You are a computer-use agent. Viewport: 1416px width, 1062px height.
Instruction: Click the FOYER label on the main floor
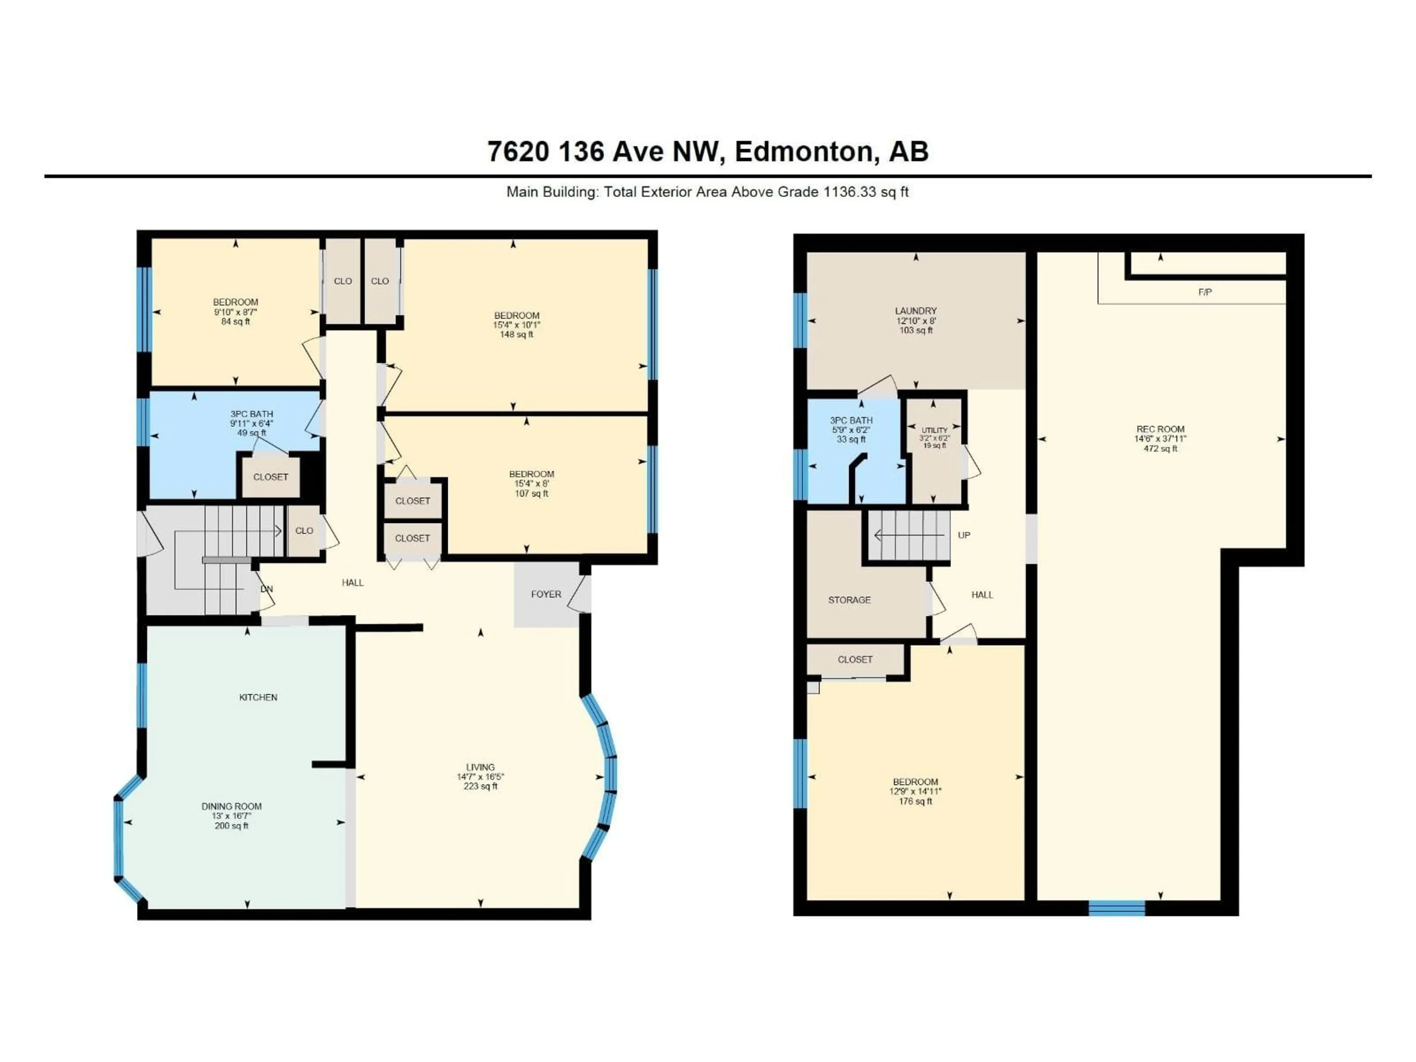coord(545,594)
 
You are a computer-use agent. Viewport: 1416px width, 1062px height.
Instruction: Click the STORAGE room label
coord(850,600)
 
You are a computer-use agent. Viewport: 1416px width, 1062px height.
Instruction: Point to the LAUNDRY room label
coord(915,310)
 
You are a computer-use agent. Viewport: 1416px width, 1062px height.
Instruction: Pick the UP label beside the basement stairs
coord(964,535)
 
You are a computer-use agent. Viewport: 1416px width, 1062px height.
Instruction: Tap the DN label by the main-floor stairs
coord(266,589)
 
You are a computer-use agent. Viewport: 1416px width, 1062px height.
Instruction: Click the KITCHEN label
coord(258,697)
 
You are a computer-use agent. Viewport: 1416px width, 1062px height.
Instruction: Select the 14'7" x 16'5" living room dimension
coord(480,777)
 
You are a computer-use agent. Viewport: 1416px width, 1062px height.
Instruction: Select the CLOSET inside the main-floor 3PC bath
coord(270,477)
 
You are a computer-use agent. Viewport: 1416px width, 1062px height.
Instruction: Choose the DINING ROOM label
coord(231,806)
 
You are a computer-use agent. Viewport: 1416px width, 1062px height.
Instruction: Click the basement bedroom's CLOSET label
coord(855,659)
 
